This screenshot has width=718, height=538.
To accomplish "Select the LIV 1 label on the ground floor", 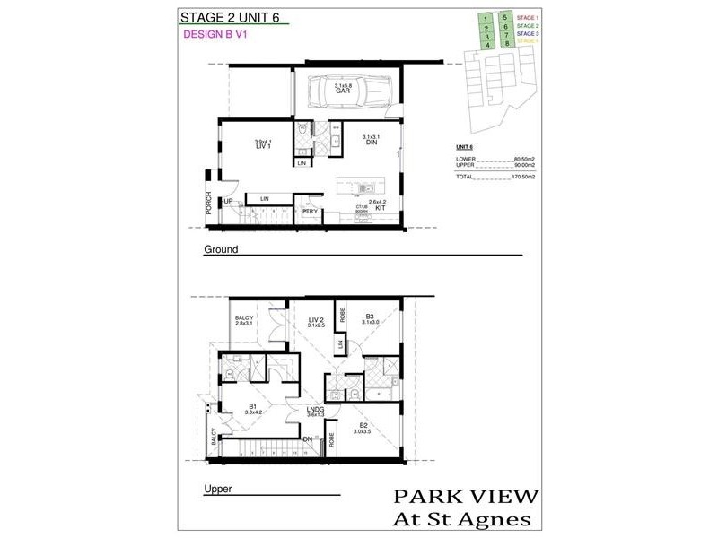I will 262,145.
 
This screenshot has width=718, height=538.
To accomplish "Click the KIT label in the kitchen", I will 381,207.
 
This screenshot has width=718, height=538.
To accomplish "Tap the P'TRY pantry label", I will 310,212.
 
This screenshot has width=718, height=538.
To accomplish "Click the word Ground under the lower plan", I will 221,249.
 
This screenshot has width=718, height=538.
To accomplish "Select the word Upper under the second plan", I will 219,490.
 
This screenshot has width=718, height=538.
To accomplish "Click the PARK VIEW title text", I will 466,496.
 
